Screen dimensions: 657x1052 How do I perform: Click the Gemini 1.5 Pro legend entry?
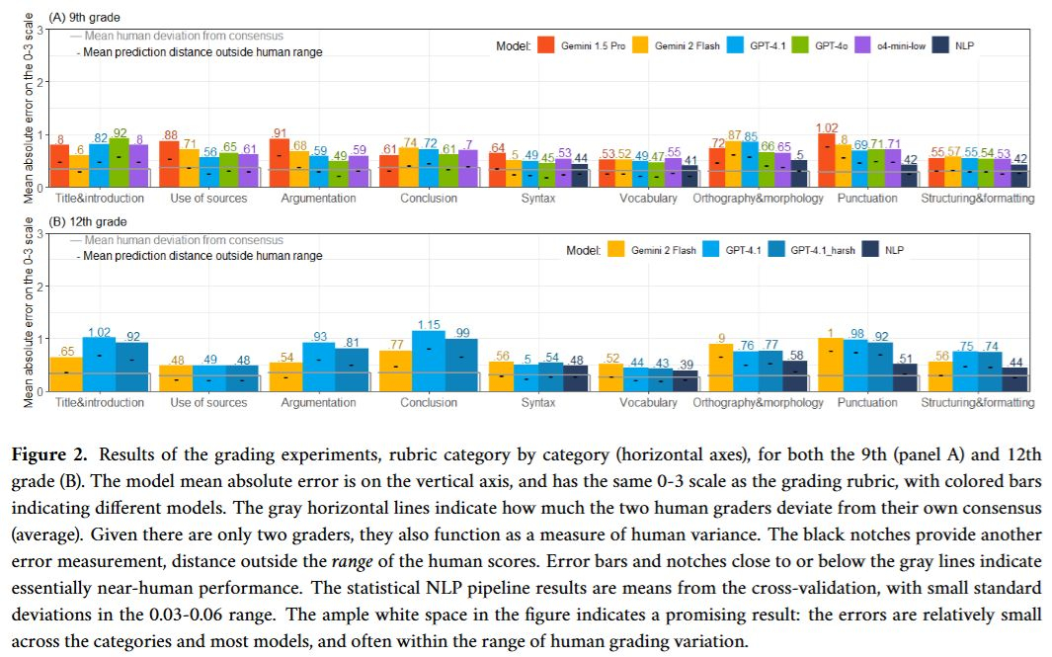tap(588, 44)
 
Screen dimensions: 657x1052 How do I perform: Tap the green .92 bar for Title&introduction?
tap(120, 162)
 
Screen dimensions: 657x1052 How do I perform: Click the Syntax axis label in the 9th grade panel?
tap(538, 199)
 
